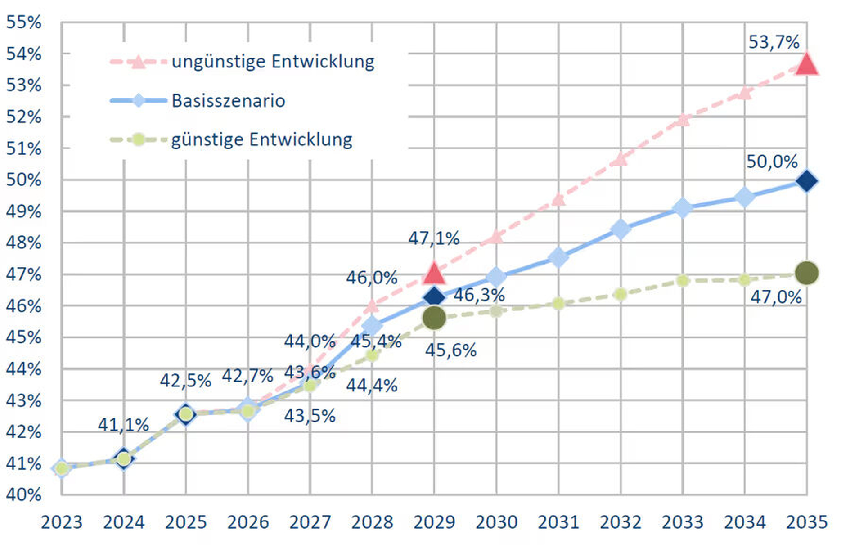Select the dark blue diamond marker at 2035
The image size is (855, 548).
[x=806, y=181]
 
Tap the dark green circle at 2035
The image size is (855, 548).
[x=806, y=273]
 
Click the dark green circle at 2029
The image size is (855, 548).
[x=434, y=318]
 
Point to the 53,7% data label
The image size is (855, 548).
[x=774, y=42]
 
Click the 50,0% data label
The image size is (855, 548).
[x=772, y=162]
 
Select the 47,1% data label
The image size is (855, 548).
[x=433, y=238]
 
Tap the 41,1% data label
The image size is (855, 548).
[x=123, y=425]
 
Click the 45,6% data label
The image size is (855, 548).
[x=450, y=350]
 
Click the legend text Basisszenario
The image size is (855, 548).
[x=228, y=101]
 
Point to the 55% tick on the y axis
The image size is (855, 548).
[x=23, y=22]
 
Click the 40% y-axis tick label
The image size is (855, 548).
[x=23, y=494]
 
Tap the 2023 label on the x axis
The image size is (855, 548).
[x=62, y=522]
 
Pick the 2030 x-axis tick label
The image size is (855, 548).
[x=496, y=522]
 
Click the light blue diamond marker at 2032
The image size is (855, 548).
[x=621, y=229]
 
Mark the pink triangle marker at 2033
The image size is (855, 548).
[x=683, y=120]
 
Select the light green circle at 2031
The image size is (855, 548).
[x=558, y=304]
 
